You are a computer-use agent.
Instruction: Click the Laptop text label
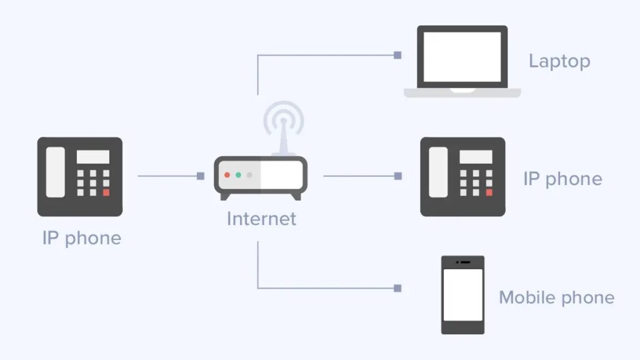click(559, 62)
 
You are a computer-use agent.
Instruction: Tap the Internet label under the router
click(262, 219)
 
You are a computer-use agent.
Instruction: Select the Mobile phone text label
click(557, 297)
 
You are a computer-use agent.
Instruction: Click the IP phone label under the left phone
click(82, 238)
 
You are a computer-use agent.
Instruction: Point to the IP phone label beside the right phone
click(563, 179)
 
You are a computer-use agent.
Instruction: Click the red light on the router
click(227, 175)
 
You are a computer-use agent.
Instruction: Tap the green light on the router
click(238, 175)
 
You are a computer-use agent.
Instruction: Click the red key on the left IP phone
click(106, 192)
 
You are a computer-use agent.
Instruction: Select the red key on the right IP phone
click(489, 192)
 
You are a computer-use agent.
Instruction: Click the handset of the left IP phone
click(56, 172)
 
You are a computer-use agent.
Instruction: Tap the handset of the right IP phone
click(438, 172)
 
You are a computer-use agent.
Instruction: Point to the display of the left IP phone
click(93, 157)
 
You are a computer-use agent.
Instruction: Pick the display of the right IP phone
click(476, 157)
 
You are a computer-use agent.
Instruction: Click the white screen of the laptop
click(462, 57)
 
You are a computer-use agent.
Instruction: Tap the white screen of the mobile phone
click(463, 295)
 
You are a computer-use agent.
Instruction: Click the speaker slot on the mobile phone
click(465, 262)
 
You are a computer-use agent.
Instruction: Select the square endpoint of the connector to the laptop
click(397, 55)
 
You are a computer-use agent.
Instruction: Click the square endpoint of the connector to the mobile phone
click(397, 288)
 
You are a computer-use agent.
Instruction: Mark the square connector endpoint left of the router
click(201, 176)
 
